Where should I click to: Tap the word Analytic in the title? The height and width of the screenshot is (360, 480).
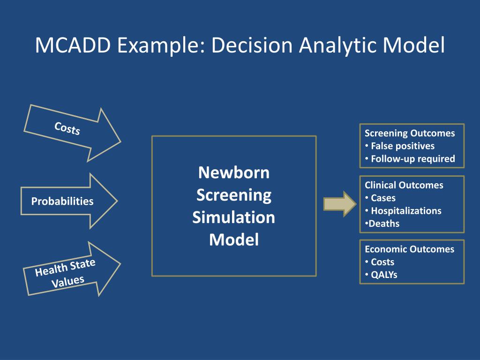pyautogui.click(x=338, y=45)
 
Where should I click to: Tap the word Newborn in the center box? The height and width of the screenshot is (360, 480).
pyautogui.click(x=233, y=172)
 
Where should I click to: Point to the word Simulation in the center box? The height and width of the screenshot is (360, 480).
pyautogui.click(x=233, y=217)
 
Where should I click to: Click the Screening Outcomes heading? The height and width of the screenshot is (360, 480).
pyautogui.click(x=410, y=133)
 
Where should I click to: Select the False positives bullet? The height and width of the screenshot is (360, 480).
pyautogui.click(x=402, y=146)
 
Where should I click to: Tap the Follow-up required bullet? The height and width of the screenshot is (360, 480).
pyautogui.click(x=412, y=158)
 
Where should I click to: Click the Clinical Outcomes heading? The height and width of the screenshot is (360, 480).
pyautogui.click(x=404, y=185)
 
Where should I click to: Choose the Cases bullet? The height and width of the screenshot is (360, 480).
pyautogui.click(x=383, y=198)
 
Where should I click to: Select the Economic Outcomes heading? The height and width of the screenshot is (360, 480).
pyautogui.click(x=409, y=249)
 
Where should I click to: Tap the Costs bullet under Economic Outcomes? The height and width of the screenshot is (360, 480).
pyautogui.click(x=382, y=262)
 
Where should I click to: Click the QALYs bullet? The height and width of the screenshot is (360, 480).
pyautogui.click(x=383, y=275)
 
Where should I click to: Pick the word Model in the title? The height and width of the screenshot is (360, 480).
pyautogui.click(x=413, y=45)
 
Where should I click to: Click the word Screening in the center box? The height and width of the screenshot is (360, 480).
pyautogui.click(x=233, y=195)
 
